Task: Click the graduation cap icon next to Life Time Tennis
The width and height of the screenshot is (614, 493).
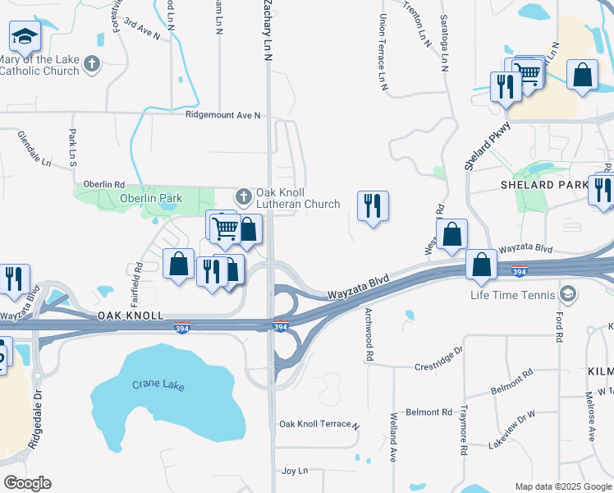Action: click(x=566, y=294)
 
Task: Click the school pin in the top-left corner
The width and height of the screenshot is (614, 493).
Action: click(x=25, y=36)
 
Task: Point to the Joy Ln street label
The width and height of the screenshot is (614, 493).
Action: click(x=294, y=471)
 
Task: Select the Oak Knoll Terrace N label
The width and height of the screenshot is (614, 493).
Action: click(x=319, y=425)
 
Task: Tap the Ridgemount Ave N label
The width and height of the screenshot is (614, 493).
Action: click(x=222, y=116)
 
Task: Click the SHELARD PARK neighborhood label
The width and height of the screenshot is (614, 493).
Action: click(x=539, y=185)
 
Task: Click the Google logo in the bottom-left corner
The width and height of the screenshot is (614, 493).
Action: click(x=27, y=483)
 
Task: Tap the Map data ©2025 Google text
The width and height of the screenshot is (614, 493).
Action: click(x=563, y=486)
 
